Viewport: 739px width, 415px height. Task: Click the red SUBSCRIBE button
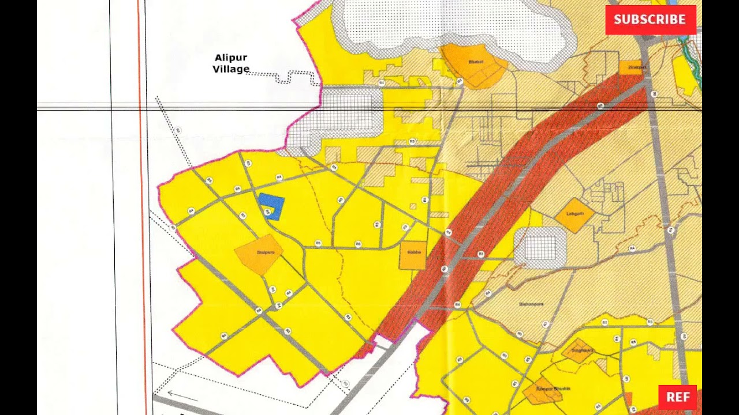point(650,20)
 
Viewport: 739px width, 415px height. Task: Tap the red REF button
point(677,397)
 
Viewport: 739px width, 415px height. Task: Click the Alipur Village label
point(231,63)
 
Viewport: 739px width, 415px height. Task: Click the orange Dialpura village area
point(259,254)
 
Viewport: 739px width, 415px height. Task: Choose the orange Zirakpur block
point(632,67)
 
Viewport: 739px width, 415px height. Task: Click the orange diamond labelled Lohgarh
point(574,215)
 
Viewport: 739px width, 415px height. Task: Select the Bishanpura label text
point(531,303)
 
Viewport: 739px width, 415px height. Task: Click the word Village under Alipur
point(231,69)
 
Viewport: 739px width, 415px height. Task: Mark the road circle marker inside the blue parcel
point(267,212)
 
